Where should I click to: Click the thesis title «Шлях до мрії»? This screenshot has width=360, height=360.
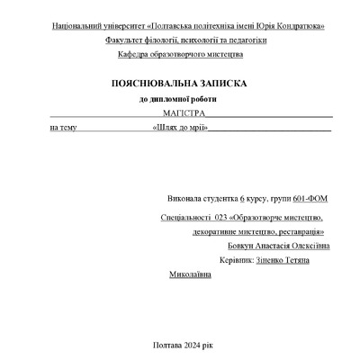click(x=181, y=128)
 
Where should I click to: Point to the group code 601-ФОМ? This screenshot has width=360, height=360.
click(x=312, y=196)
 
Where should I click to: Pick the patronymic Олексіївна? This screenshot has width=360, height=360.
click(x=310, y=246)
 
